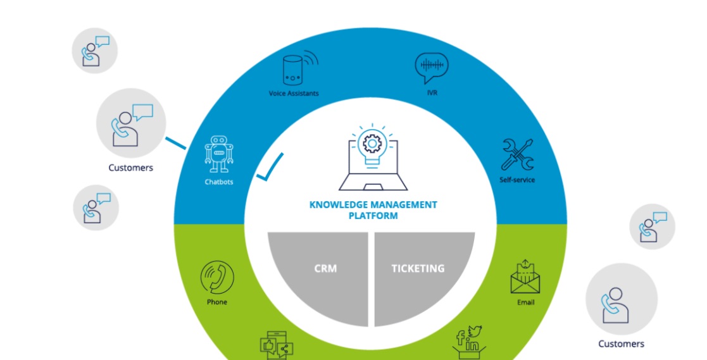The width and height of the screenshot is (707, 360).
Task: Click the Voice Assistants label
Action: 294,93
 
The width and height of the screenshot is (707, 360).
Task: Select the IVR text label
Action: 432,93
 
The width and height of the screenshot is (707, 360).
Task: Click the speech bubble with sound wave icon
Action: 432,68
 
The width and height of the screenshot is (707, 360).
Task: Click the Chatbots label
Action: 219,182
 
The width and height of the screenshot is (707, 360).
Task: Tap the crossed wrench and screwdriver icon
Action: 517,154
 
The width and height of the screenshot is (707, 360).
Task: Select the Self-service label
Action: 517,180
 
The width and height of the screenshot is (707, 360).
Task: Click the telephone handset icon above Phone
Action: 217,278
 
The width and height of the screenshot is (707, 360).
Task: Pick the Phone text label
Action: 217,302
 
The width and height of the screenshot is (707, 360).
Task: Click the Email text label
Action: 525,302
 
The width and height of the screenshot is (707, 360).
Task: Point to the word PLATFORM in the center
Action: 373,216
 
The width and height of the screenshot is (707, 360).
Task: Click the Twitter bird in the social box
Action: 475,330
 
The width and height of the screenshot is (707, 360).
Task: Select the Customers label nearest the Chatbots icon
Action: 131,168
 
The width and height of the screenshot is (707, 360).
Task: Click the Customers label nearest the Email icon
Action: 621,344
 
